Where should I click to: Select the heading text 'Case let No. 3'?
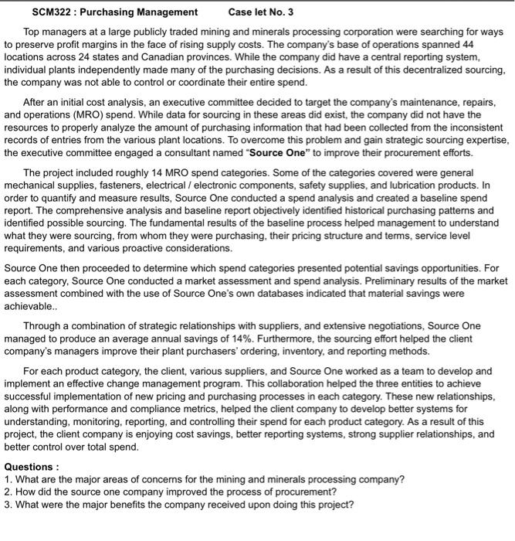[261, 12]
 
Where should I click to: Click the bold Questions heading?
[31, 467]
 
